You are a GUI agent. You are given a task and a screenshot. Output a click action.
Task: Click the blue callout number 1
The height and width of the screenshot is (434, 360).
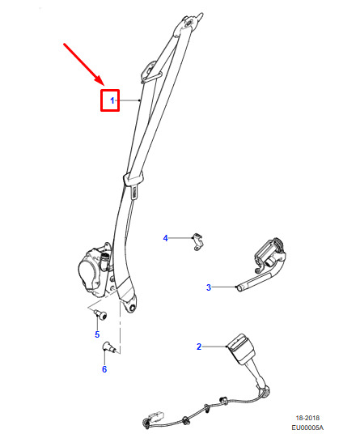112,100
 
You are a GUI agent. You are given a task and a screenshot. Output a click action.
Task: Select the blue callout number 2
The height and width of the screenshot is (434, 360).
199,347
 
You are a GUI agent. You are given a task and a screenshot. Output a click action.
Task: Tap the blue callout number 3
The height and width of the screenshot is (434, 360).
209,287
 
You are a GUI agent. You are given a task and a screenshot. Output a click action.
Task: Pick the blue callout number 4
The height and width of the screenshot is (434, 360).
165,238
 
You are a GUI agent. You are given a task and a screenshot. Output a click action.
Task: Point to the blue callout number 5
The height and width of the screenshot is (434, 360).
97,334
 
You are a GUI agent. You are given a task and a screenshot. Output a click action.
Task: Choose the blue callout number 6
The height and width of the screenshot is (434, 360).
104,369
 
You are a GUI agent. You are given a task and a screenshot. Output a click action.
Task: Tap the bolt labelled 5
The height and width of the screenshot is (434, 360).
100,315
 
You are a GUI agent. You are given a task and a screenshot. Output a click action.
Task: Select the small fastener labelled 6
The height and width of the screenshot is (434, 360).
108,347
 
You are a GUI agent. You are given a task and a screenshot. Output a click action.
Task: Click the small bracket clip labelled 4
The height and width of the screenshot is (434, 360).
198,242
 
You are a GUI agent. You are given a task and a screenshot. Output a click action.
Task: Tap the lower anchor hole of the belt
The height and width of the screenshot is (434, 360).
133,308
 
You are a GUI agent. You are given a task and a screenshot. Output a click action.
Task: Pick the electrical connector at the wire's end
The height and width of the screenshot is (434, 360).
155,416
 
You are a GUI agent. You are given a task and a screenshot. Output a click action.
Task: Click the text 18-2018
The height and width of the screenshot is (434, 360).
307,418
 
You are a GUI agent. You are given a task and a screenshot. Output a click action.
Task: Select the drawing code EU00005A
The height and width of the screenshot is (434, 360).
307,428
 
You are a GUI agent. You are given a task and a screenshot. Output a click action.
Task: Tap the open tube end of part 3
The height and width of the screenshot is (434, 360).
239,289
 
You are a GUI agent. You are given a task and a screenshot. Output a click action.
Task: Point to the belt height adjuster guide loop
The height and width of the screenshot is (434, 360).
150,73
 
